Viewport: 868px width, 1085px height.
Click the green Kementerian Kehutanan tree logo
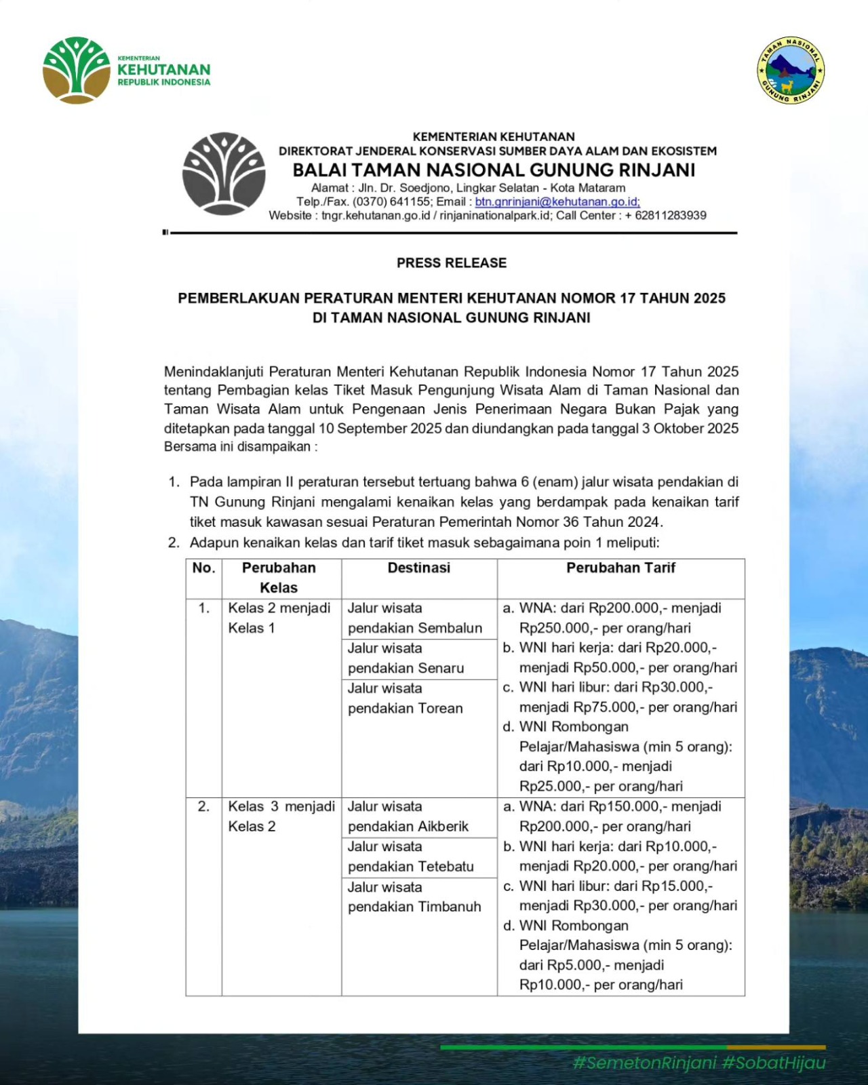point(76,70)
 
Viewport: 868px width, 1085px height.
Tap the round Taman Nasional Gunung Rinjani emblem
point(791,71)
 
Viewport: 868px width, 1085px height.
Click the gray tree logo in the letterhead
point(224,174)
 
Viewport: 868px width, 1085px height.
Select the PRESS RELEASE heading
point(452,263)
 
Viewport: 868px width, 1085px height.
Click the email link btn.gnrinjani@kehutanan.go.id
point(557,201)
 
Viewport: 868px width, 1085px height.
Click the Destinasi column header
point(418,568)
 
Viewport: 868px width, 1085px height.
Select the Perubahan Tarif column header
point(620,568)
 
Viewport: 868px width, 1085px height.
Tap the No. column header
point(203,568)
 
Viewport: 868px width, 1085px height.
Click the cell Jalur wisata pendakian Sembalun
point(415,618)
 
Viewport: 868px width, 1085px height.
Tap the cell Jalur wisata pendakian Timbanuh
point(414,896)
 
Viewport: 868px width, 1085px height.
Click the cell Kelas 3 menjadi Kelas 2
point(281,816)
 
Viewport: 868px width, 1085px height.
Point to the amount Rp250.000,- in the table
point(557,628)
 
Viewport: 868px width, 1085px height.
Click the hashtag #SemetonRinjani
point(644,1063)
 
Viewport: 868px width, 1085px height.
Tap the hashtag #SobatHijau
point(774,1063)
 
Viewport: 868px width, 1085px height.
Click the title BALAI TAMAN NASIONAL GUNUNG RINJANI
point(494,170)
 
